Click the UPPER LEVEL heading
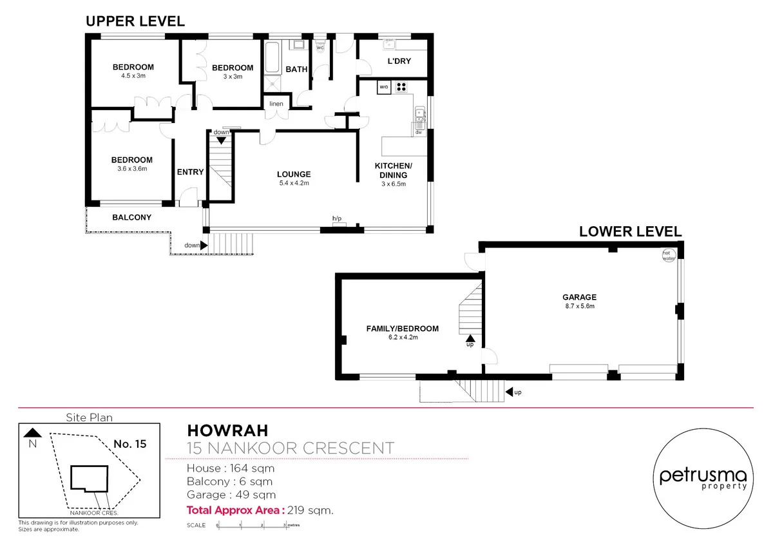tap(135, 21)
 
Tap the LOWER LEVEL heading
tap(630, 231)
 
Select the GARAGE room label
tap(579, 297)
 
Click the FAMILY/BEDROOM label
tap(402, 329)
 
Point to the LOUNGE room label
tap(294, 174)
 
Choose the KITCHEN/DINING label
tap(393, 170)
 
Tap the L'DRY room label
tap(399, 61)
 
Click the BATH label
tap(296, 70)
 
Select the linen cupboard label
tap(276, 104)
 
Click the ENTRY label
tap(190, 172)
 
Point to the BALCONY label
tap(131, 217)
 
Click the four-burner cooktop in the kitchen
tap(401, 87)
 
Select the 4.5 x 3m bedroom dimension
tap(133, 76)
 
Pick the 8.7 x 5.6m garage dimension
tap(579, 306)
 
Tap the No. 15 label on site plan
tap(130, 443)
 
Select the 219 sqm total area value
tap(312, 510)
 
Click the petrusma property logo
tap(703, 476)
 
